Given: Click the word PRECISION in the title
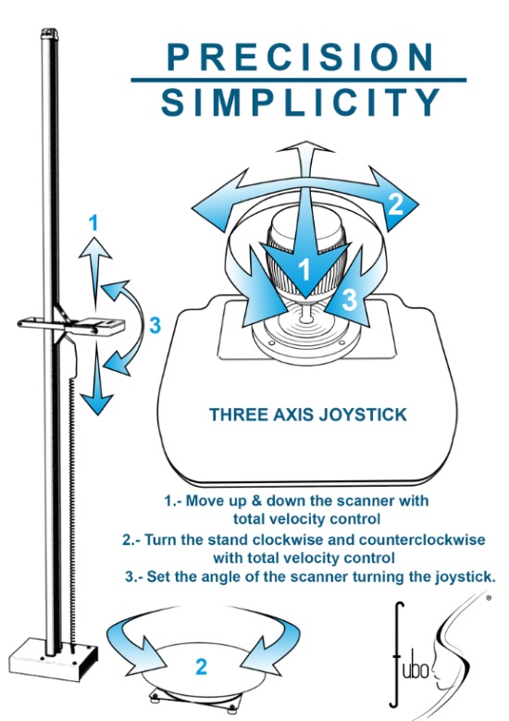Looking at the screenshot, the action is [300, 56].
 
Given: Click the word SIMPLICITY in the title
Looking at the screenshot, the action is [301, 102].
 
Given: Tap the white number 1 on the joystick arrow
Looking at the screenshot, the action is [304, 269].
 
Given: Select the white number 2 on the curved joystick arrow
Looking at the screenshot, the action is [396, 204].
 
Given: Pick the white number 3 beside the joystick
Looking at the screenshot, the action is [350, 299].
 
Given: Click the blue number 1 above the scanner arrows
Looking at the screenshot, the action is [93, 223].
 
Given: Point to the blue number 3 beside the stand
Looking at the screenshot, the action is [155, 326].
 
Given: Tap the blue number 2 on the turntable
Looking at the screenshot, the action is [202, 667].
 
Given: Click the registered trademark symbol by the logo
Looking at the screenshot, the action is [488, 598].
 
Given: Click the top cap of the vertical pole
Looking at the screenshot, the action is [49, 33].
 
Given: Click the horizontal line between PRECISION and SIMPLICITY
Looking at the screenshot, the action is [298, 80].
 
